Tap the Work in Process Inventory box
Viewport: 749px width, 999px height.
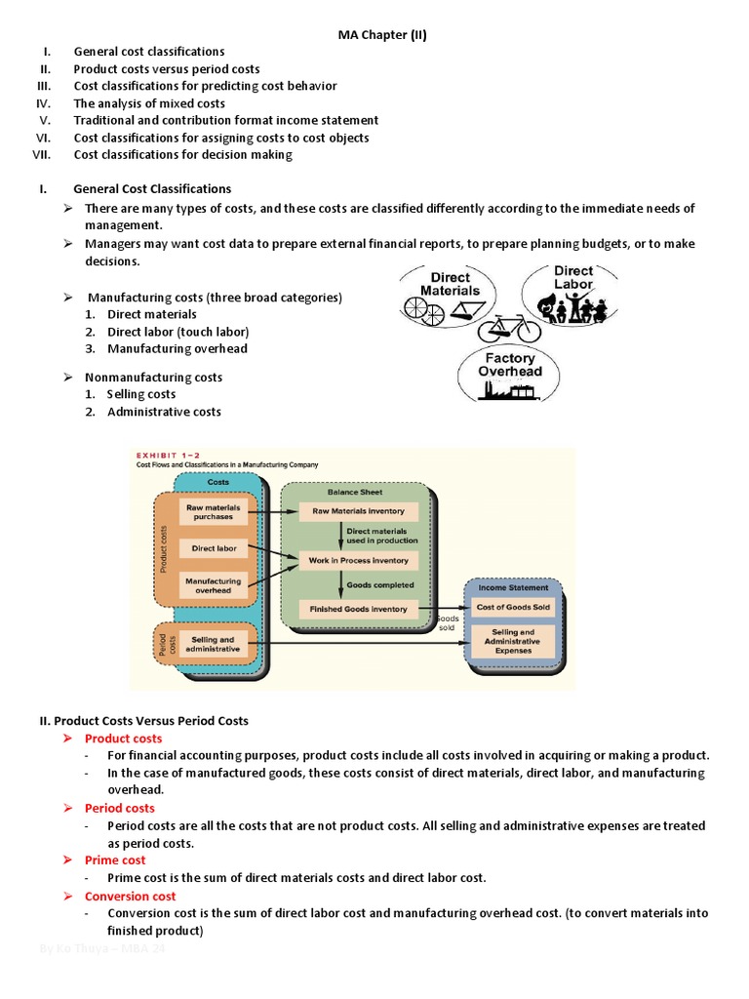coord(359,561)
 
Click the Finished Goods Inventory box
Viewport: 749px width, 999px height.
coord(359,609)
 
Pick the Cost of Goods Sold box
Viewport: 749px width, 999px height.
coord(513,607)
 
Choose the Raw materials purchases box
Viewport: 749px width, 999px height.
coord(213,511)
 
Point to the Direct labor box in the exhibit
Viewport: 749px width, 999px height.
coord(213,548)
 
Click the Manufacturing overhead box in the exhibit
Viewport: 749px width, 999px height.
coord(213,585)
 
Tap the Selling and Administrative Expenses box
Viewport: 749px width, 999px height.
coord(513,641)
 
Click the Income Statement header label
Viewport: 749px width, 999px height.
coord(513,587)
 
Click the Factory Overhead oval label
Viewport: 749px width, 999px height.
coord(507,365)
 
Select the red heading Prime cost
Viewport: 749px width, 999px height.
coord(115,860)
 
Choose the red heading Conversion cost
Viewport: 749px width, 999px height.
coord(130,896)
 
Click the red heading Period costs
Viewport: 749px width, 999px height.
coord(119,808)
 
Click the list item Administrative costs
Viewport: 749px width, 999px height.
coord(164,412)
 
